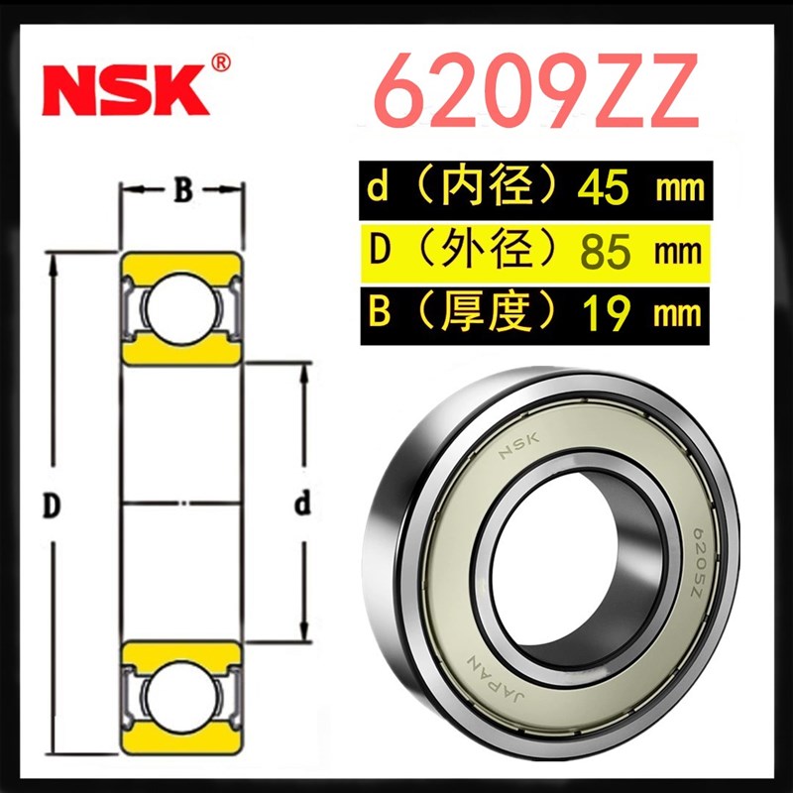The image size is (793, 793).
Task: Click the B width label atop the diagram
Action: (x=182, y=191)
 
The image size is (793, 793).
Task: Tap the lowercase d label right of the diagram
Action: (x=303, y=506)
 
